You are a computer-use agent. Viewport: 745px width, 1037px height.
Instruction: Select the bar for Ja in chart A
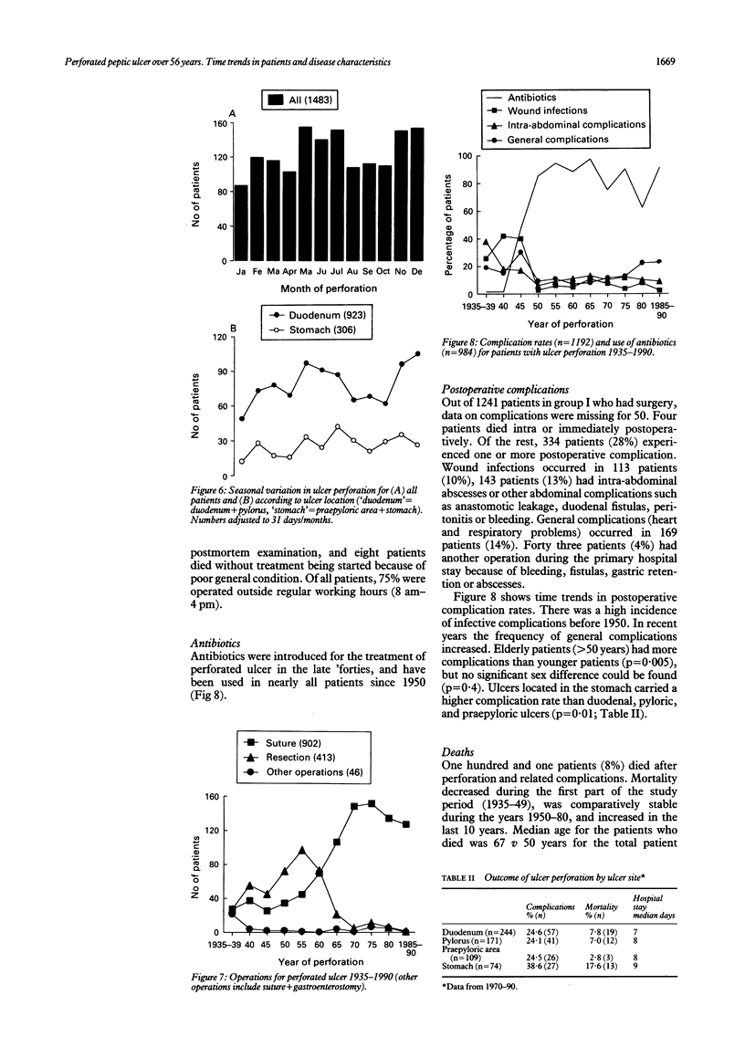click(240, 224)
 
